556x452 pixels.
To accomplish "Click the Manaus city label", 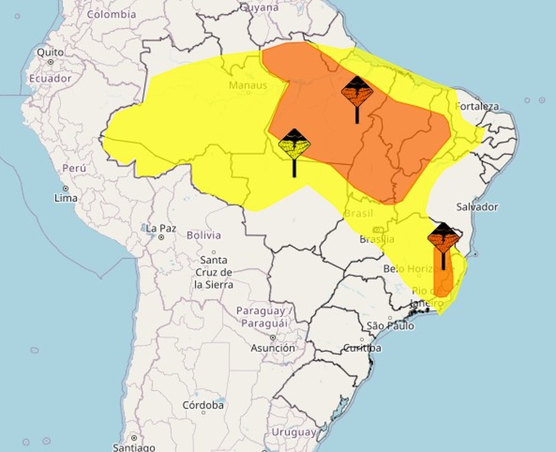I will [247, 85].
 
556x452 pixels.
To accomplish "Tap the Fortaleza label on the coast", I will [477, 106].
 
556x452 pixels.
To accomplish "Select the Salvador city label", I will [477, 207].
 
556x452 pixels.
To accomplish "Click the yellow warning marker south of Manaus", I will [294, 145].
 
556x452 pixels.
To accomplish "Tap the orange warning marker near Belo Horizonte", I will [443, 238].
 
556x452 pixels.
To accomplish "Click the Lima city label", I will [66, 198].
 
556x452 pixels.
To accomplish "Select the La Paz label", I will [160, 229].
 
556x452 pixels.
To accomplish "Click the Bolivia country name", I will [203, 235].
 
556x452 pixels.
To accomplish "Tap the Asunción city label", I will [272, 348].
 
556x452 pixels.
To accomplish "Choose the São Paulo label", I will [390, 326].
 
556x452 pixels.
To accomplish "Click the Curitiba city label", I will [362, 348].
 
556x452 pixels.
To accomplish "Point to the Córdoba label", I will [203, 405].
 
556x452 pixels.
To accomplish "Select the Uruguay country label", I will [294, 432].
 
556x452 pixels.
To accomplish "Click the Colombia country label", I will [112, 14].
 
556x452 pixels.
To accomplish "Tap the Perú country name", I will [74, 168].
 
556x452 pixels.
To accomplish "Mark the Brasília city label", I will [376, 239].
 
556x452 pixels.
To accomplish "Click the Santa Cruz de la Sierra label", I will [214, 272].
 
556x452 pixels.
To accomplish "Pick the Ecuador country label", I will [50, 78].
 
